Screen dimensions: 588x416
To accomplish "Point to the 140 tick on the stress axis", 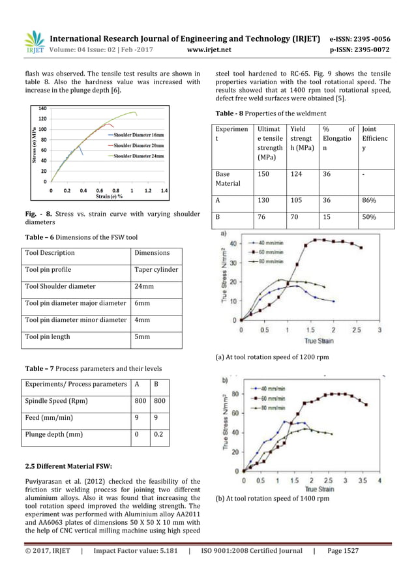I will pyautogui.click(x=42, y=108).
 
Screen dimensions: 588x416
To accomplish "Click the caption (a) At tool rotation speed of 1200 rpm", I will pyautogui.click(x=282, y=357).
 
